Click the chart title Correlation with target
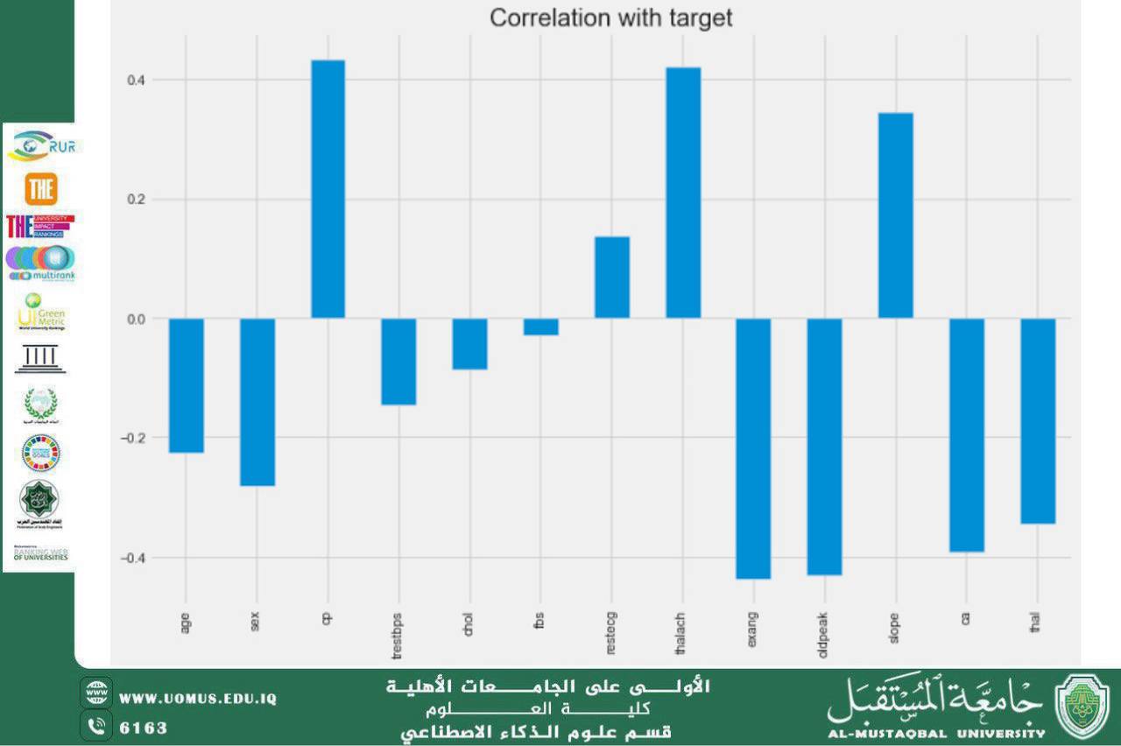click(x=610, y=18)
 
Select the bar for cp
click(x=328, y=188)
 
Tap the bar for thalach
click(x=683, y=193)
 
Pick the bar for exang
click(x=753, y=448)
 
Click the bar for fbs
click(x=541, y=327)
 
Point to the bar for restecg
click(x=612, y=278)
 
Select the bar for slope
click(x=896, y=215)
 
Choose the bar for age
click(x=187, y=385)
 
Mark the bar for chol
click(x=470, y=344)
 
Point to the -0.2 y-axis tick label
click(x=132, y=438)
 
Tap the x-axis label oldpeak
click(x=824, y=627)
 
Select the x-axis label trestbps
click(x=398, y=632)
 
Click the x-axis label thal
click(x=1037, y=623)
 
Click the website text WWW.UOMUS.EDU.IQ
click(x=198, y=699)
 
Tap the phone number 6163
click(x=143, y=728)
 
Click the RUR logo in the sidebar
click(x=44, y=145)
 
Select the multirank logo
click(x=41, y=264)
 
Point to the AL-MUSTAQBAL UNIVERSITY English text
click(x=936, y=733)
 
